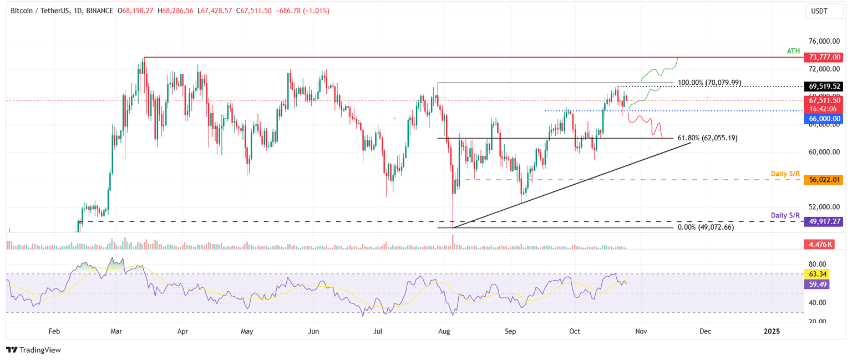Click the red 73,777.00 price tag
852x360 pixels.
[x=825, y=57]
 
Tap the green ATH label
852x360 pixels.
[x=793, y=51]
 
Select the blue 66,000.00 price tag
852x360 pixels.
[x=825, y=118]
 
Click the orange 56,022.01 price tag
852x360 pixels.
[x=825, y=180]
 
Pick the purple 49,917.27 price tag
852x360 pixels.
[x=825, y=221]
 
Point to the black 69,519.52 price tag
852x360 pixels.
[x=825, y=87]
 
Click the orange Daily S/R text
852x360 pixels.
[x=785, y=174]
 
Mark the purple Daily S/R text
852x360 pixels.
[x=785, y=215]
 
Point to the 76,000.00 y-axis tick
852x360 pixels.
[x=825, y=41]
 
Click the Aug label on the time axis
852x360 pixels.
[x=444, y=331]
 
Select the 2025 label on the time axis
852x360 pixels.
[x=771, y=331]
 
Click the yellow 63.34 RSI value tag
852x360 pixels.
[x=813, y=274]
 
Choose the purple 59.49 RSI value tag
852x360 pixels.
[x=813, y=283]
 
